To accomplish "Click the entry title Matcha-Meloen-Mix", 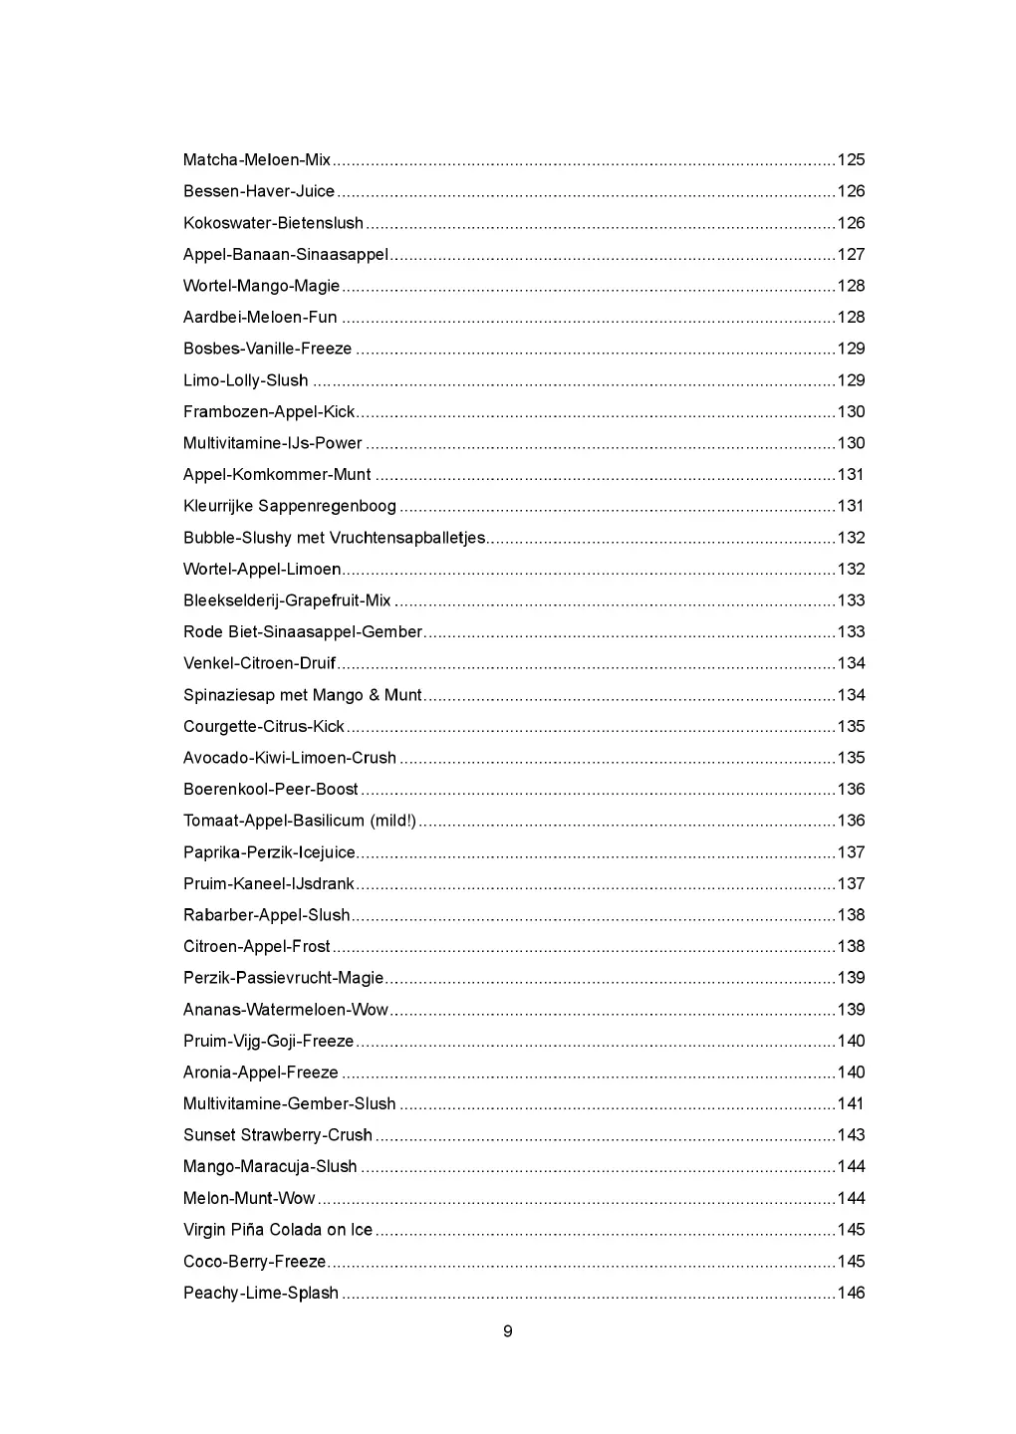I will click(x=257, y=160).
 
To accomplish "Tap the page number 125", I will click(x=851, y=160).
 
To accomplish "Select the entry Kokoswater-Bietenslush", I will click(x=273, y=223).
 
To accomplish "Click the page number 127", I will click(x=851, y=255).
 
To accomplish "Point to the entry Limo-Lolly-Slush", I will click(x=245, y=380).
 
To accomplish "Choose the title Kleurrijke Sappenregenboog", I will click(x=289, y=507).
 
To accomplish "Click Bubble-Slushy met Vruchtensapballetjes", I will click(x=334, y=538).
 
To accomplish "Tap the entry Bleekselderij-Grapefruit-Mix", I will click(x=287, y=600).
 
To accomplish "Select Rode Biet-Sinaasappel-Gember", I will click(x=303, y=632).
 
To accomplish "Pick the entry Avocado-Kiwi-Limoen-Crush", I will click(x=289, y=758).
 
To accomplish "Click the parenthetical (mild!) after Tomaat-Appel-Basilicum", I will click(x=393, y=822).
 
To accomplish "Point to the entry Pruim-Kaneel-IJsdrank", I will click(x=269, y=884).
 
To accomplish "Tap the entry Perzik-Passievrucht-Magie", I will click(x=283, y=978).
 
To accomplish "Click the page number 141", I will click(x=851, y=1104).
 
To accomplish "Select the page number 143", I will click(x=851, y=1135).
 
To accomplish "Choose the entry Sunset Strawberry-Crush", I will click(x=277, y=1135).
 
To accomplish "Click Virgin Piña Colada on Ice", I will click(x=277, y=1230).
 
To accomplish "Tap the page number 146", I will click(x=851, y=1294).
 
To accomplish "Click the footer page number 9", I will click(x=508, y=1332).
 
